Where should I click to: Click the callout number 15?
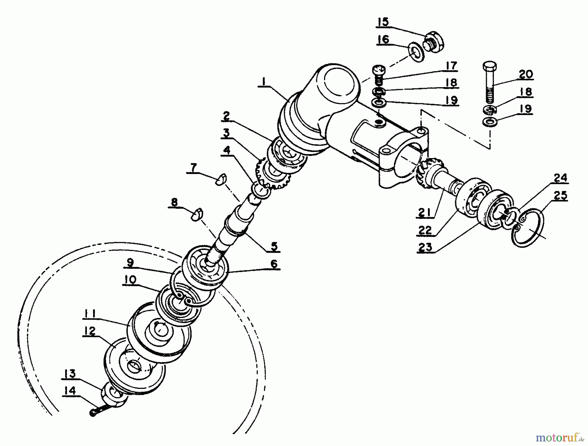[384, 22]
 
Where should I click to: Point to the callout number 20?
[526, 74]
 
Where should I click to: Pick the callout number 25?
[560, 196]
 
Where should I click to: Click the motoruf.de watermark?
[561, 437]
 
